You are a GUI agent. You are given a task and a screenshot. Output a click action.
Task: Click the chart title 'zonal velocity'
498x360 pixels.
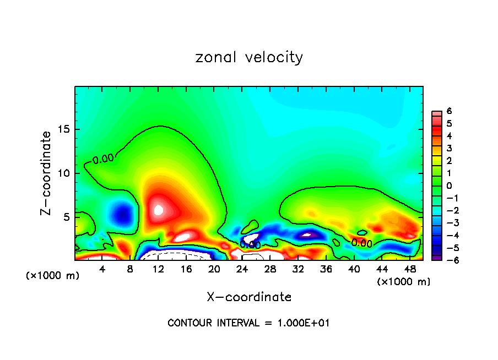[249, 57]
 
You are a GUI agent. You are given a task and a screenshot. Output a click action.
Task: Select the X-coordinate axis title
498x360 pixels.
[249, 297]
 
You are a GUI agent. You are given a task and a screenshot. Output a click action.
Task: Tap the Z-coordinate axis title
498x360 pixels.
[47, 173]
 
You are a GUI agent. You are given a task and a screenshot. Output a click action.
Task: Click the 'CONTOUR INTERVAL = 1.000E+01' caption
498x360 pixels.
[248, 323]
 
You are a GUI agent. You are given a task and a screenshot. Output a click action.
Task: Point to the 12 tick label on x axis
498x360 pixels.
[158, 269]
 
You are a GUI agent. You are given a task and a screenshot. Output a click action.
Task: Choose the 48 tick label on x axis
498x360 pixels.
[410, 269]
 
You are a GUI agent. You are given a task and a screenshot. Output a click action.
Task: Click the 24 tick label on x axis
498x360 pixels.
[242, 269]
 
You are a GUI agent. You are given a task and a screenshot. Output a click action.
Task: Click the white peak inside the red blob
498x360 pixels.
[159, 209]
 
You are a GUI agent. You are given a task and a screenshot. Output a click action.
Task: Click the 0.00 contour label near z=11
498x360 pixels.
[103, 160]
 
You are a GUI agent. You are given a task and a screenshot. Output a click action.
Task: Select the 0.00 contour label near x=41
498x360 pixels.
[362, 242]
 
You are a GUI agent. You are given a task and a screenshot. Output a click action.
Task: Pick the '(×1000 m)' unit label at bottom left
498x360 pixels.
[53, 276]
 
